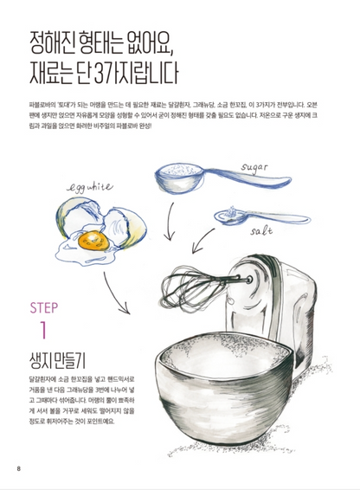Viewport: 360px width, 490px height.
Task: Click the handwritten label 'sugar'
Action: click(x=254, y=168)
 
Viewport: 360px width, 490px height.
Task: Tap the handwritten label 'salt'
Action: click(x=261, y=230)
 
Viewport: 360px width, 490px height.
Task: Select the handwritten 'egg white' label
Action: click(x=90, y=188)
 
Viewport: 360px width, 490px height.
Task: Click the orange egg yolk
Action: click(x=93, y=241)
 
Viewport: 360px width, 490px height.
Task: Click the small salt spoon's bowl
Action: click(x=229, y=216)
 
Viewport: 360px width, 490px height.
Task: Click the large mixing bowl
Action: click(x=224, y=388)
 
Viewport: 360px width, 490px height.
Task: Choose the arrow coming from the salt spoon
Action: click(x=202, y=241)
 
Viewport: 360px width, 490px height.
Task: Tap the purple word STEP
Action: click(x=44, y=308)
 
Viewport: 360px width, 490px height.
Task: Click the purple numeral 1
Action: click(x=44, y=330)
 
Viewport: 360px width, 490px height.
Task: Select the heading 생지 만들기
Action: click(x=57, y=360)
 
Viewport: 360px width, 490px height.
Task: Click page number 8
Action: click(x=18, y=468)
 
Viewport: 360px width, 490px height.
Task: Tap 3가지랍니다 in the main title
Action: click(x=136, y=73)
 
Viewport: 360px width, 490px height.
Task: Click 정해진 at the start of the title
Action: click(x=52, y=42)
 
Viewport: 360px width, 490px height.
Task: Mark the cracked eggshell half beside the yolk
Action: click(x=125, y=227)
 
